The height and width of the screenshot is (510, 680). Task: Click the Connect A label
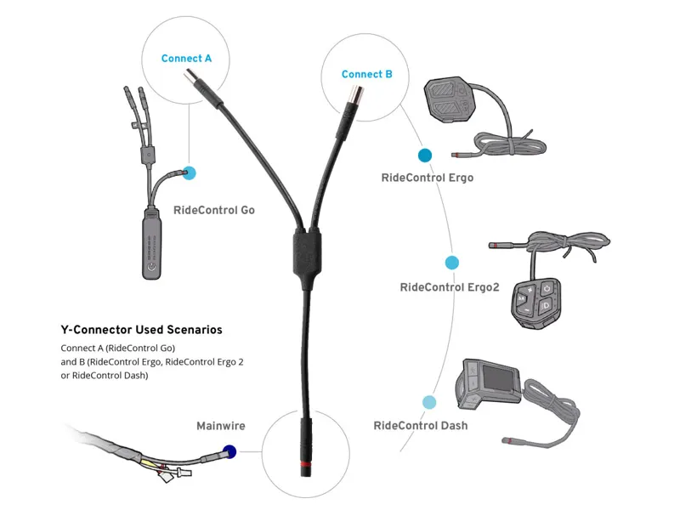186,59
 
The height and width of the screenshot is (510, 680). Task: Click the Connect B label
366,74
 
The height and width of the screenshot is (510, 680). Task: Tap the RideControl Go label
213,210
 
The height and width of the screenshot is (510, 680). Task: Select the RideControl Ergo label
428,178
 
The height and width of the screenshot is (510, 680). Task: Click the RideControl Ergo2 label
449,287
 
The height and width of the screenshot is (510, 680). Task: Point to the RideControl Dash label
420,425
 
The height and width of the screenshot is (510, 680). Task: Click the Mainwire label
220,426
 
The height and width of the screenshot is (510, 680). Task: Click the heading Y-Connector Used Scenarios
142,329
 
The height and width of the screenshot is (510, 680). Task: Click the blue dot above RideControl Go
189,173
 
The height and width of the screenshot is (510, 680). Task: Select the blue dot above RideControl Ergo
424,156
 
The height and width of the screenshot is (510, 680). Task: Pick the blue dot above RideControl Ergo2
452,263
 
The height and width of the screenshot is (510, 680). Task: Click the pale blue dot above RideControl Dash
429,402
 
